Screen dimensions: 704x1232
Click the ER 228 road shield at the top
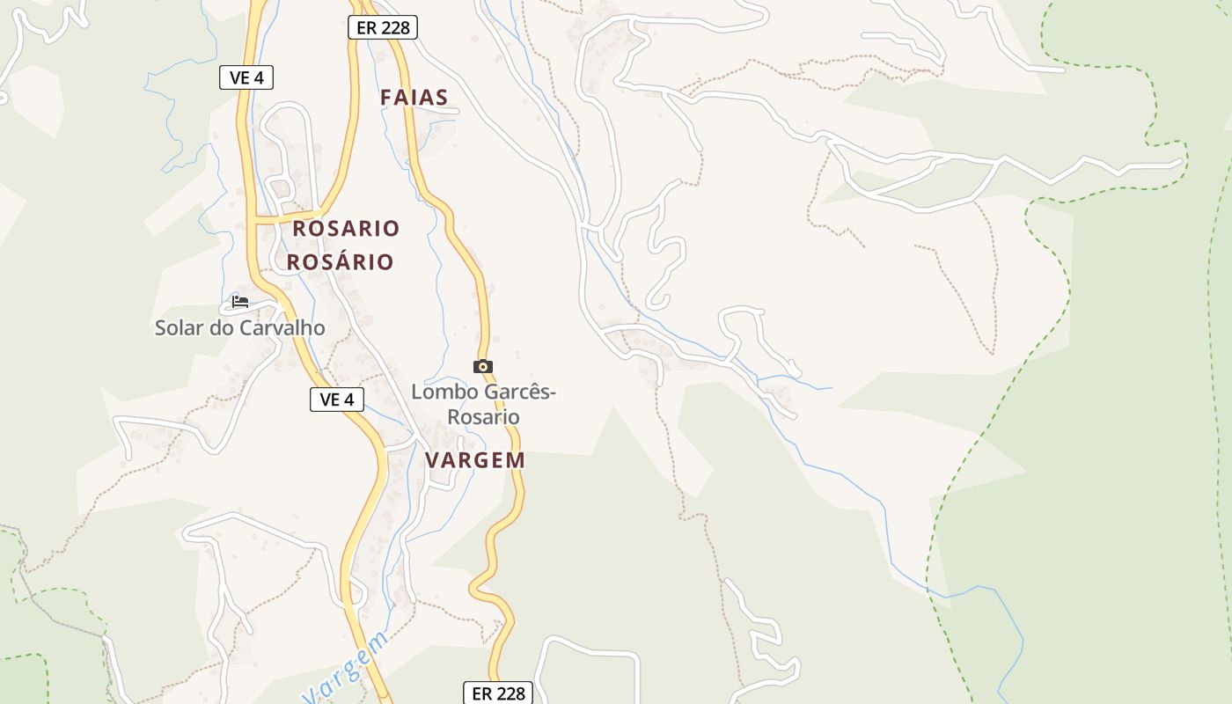pyautogui.click(x=383, y=27)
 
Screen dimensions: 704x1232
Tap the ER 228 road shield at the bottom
pyautogui.click(x=499, y=693)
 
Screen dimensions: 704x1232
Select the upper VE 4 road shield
pyautogui.click(x=246, y=77)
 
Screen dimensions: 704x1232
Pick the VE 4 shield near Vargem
pyautogui.click(x=337, y=400)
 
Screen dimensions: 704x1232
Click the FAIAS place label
pyautogui.click(x=414, y=98)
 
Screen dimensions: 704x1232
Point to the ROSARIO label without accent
pyautogui.click(x=346, y=229)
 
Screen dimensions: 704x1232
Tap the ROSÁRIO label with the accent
pyautogui.click(x=340, y=262)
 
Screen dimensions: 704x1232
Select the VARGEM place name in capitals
pyautogui.click(x=475, y=460)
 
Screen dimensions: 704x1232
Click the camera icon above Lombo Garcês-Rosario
pyautogui.click(x=482, y=366)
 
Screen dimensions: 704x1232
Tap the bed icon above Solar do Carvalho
pyautogui.click(x=239, y=302)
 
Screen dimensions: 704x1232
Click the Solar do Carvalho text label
pyautogui.click(x=239, y=328)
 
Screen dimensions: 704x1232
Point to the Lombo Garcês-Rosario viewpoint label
pyautogui.click(x=483, y=404)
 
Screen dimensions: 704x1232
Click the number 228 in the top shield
pyautogui.click(x=395, y=27)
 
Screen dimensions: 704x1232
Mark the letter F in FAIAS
pyautogui.click(x=385, y=98)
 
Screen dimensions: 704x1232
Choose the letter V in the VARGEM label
pyautogui.click(x=432, y=460)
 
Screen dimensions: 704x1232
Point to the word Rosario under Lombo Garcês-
pyautogui.click(x=483, y=416)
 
